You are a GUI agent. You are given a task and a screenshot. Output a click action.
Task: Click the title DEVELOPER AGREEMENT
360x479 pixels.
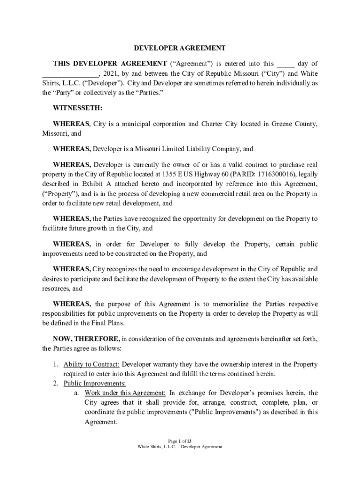click(180, 48)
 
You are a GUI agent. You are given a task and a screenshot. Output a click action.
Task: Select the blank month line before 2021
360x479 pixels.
click(70, 74)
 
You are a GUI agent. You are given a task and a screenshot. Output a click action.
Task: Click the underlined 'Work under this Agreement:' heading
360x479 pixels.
click(125, 393)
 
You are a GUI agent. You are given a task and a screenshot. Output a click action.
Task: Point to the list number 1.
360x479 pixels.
click(55, 364)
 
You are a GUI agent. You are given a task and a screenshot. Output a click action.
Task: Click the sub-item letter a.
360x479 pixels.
click(76, 393)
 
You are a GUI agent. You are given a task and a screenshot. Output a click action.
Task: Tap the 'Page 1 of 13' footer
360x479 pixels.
click(180, 441)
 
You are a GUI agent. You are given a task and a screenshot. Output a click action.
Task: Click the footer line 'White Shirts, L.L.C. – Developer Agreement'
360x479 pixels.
click(180, 447)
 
